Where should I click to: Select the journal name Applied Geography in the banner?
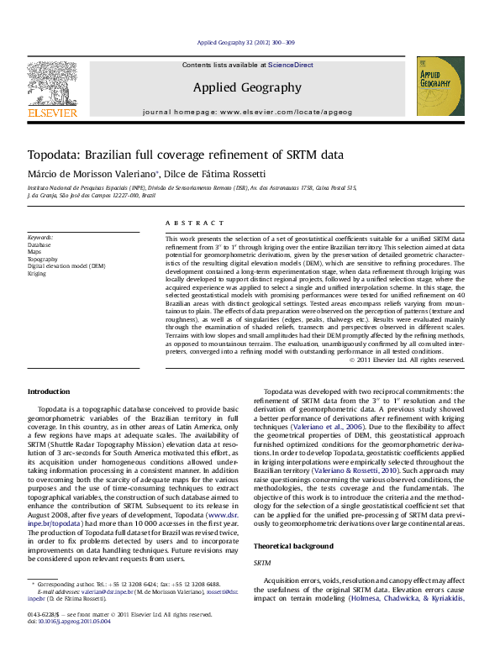(246, 87)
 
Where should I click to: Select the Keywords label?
(39, 238)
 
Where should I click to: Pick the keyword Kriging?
(37, 273)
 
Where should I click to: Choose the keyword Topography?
(43, 259)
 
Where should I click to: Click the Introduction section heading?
(50, 391)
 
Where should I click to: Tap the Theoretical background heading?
(294, 522)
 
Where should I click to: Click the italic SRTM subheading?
(262, 539)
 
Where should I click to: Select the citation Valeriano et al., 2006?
(317, 426)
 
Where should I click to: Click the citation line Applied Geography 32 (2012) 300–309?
(245, 42)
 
